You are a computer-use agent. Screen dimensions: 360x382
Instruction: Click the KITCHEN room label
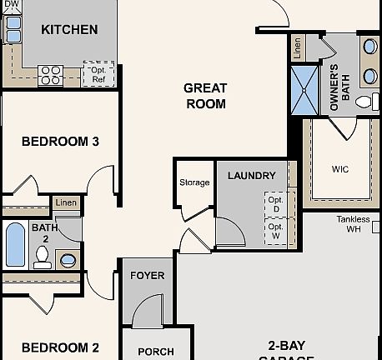click(x=69, y=29)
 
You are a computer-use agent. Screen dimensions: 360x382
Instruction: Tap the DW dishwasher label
click(x=12, y=5)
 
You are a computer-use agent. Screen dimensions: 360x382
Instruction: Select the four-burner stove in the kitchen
click(x=51, y=74)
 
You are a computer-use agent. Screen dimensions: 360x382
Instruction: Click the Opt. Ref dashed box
click(x=98, y=74)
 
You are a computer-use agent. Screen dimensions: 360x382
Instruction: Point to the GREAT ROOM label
click(x=205, y=95)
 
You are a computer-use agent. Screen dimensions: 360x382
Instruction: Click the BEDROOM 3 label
click(x=60, y=141)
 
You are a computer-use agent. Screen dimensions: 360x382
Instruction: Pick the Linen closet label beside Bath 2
click(x=66, y=202)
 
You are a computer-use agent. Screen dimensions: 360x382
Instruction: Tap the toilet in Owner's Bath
click(x=364, y=102)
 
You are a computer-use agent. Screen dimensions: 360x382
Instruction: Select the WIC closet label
click(x=339, y=168)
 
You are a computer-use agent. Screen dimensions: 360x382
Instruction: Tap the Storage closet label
click(x=194, y=182)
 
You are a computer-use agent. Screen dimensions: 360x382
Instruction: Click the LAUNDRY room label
click(x=251, y=176)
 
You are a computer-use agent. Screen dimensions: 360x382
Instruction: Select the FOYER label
click(x=148, y=276)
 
